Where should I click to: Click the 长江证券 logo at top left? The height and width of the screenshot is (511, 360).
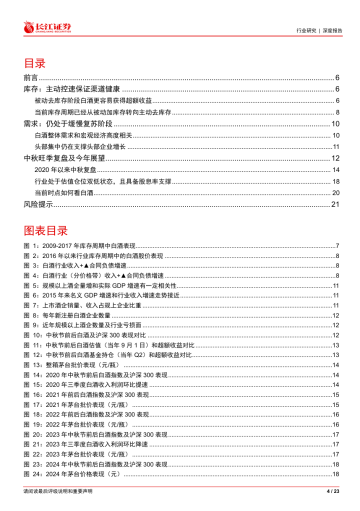(x=47, y=27)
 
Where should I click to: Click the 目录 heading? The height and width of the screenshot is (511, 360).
(x=34, y=63)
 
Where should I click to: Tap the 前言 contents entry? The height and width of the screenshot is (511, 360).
(x=31, y=77)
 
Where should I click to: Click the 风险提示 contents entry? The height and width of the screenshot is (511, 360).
(x=38, y=204)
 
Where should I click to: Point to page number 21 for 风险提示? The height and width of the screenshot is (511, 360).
(x=335, y=204)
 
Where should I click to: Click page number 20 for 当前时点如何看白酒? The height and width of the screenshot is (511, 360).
(x=336, y=192)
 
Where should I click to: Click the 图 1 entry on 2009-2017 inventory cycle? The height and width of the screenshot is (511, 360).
(x=80, y=246)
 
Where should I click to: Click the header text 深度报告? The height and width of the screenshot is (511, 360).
(x=331, y=30)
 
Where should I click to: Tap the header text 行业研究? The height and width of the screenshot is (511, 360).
(x=306, y=30)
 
